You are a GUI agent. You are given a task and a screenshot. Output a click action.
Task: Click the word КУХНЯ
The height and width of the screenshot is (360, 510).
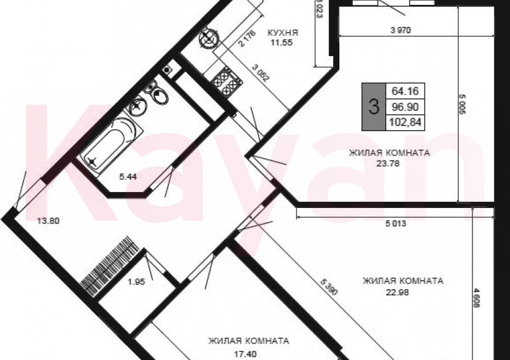(x=283, y=33)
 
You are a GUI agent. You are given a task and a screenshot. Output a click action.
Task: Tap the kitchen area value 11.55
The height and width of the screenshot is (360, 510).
(x=283, y=43)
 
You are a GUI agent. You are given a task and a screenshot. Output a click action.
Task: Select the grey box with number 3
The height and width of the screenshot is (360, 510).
(x=373, y=106)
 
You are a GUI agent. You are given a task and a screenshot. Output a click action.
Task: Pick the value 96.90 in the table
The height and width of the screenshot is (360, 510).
(x=405, y=106)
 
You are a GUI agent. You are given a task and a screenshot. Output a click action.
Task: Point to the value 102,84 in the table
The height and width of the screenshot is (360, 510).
(x=405, y=121)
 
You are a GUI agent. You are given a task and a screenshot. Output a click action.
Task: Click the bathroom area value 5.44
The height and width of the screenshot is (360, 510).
(x=128, y=177)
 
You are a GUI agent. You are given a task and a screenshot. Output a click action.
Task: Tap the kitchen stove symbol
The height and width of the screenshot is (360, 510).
(x=225, y=82)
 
